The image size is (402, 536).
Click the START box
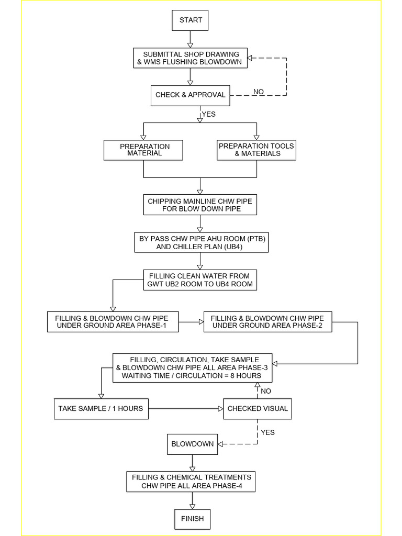pyautogui.click(x=191, y=20)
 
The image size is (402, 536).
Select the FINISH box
pyautogui.click(x=192, y=519)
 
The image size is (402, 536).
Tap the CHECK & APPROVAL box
pyautogui.click(x=191, y=95)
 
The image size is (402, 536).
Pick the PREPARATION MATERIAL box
pyautogui.click(x=143, y=150)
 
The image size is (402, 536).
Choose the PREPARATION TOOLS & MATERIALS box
pyautogui.click(x=256, y=150)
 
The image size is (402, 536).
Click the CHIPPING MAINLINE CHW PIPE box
pyautogui.click(x=200, y=205)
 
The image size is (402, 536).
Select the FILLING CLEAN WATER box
pyautogui.click(x=200, y=280)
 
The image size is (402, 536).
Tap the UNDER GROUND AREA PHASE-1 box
pyautogui.click(x=113, y=322)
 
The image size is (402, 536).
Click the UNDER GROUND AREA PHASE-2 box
pyautogui.click(x=267, y=322)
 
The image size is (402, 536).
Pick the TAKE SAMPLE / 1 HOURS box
pyautogui.click(x=100, y=408)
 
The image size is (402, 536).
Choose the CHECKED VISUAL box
pyautogui.click(x=257, y=408)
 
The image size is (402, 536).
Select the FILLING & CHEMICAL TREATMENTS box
pyautogui.click(x=192, y=482)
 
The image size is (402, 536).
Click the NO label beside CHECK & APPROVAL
pyautogui.click(x=259, y=92)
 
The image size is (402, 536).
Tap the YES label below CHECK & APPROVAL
pyautogui.click(x=208, y=114)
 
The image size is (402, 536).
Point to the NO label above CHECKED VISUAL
pyautogui.click(x=266, y=391)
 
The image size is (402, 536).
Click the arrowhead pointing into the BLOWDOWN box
pyautogui.click(x=220, y=444)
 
